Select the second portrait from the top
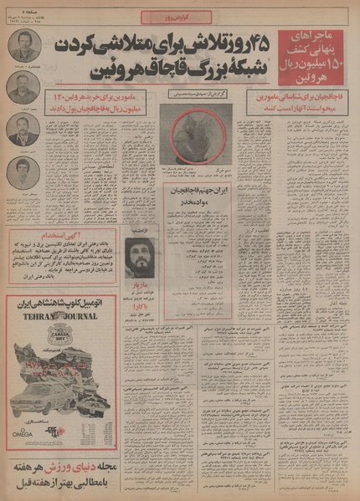[23, 87]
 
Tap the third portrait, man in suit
[23, 130]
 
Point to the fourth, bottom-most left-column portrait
[23, 173]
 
